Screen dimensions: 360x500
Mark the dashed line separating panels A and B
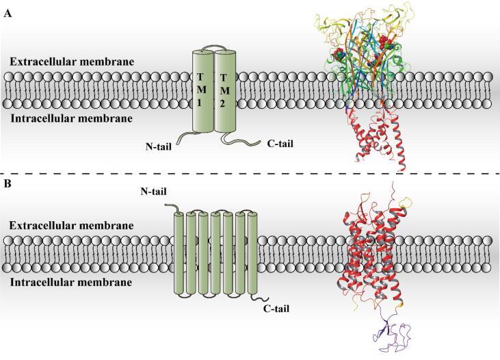[x=250, y=173]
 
